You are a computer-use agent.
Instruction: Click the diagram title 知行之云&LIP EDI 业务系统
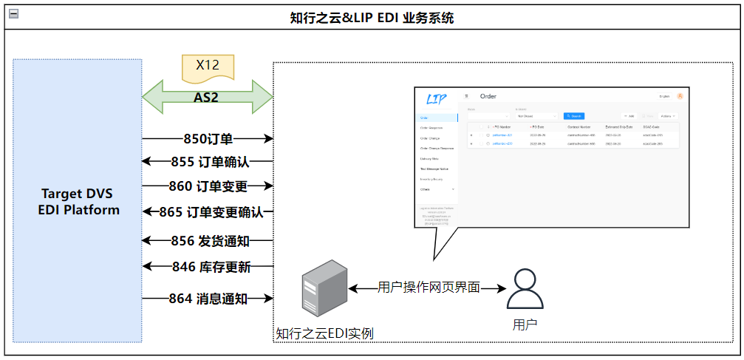[x=372, y=18]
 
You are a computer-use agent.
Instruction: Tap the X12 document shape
[x=208, y=67]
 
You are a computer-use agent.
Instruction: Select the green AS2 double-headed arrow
[x=208, y=97]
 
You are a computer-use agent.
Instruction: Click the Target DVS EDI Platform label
[x=79, y=201]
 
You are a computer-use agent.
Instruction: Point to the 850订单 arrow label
[x=208, y=138]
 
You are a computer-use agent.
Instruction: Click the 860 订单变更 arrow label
[x=208, y=186]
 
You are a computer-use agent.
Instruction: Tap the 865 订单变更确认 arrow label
[x=211, y=213]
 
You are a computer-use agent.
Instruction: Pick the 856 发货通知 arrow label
[x=210, y=241]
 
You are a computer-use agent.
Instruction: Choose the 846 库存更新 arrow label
[x=210, y=267]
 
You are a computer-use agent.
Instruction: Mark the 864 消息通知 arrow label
[x=208, y=299]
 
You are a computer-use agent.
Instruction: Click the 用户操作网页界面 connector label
[x=429, y=288]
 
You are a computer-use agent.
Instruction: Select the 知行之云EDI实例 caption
[x=324, y=333]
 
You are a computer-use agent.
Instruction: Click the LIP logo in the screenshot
[x=437, y=99]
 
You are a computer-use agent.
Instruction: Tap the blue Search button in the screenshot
[x=573, y=116]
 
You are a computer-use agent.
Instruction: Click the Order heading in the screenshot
[x=488, y=96]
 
